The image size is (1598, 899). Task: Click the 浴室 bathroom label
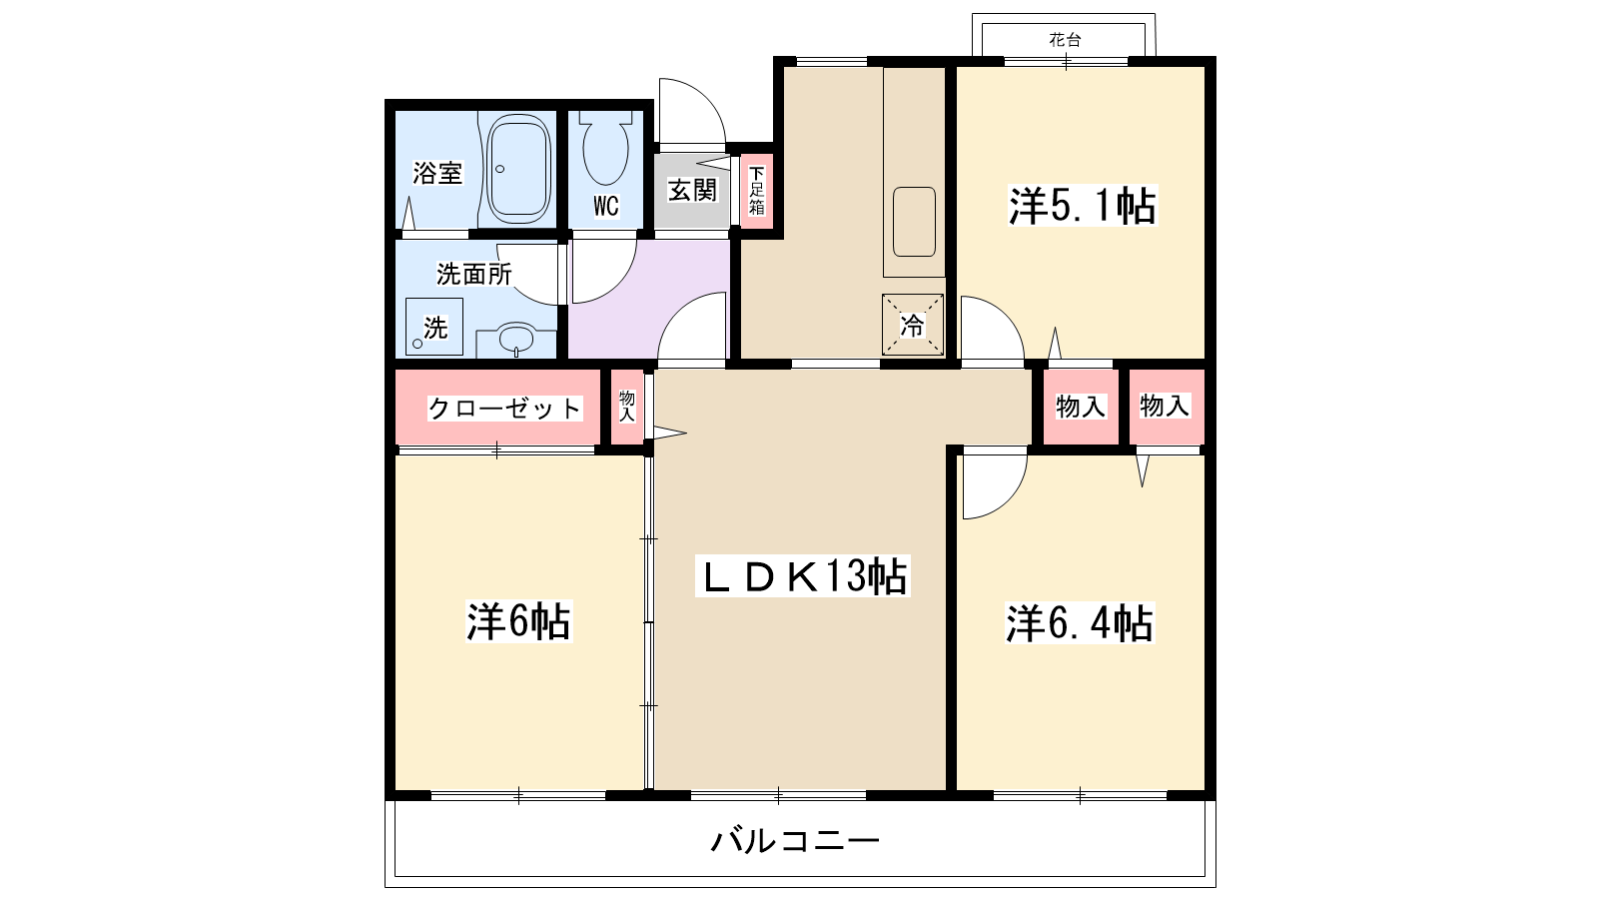click(x=437, y=173)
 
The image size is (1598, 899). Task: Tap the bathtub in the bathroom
click(x=518, y=170)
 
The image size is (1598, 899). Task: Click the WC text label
click(x=605, y=207)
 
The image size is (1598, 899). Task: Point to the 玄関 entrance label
click(x=692, y=190)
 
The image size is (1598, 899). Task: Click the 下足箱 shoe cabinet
click(x=756, y=191)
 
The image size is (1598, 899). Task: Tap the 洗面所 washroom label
click(x=473, y=273)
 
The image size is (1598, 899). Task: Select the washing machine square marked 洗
click(x=434, y=327)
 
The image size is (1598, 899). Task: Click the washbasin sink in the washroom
click(x=516, y=338)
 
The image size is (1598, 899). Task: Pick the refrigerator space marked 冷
click(x=912, y=325)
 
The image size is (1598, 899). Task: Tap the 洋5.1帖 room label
click(x=1082, y=206)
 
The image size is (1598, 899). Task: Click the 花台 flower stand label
click(x=1065, y=40)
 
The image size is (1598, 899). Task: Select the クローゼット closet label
click(x=504, y=408)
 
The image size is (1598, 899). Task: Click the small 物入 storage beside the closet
click(x=627, y=406)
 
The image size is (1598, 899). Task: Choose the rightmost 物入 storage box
click(x=1166, y=406)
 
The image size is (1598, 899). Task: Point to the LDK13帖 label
click(x=802, y=576)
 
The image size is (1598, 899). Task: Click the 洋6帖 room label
click(x=518, y=620)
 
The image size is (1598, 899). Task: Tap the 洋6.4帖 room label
click(x=1080, y=623)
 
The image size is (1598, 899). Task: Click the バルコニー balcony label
click(x=795, y=840)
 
